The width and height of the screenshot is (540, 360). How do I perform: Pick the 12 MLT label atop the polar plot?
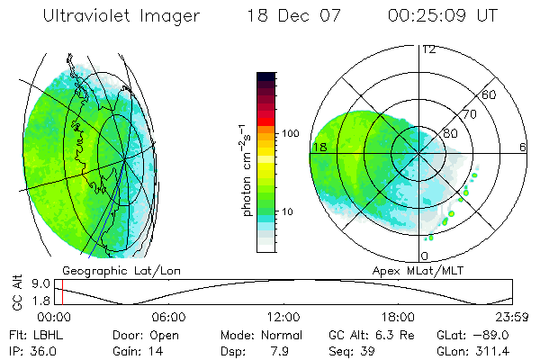click(428, 49)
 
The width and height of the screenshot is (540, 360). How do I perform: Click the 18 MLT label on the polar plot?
click(319, 147)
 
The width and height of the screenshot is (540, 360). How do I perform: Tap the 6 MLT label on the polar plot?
click(523, 147)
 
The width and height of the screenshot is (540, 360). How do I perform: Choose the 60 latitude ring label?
click(490, 94)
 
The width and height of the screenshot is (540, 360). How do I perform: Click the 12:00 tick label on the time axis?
click(283, 317)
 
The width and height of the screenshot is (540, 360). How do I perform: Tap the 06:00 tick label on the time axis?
click(169, 317)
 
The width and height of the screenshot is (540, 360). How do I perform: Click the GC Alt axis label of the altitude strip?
click(17, 293)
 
